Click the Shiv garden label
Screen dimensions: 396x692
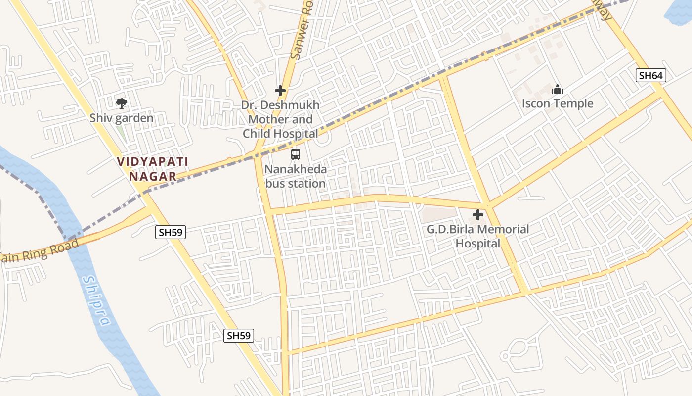(122, 118)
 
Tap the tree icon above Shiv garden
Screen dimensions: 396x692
(121, 103)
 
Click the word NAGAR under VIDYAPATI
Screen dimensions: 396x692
(153, 176)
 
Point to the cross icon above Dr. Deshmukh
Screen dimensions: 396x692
(280, 91)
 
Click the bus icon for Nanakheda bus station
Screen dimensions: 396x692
(296, 154)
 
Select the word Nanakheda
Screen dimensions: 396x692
(296, 169)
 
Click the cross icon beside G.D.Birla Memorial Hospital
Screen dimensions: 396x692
(478, 215)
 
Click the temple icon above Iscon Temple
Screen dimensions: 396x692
(558, 90)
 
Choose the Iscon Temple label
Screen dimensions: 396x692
(558, 104)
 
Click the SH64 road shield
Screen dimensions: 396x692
(651, 75)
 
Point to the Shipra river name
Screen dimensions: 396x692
(96, 300)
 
